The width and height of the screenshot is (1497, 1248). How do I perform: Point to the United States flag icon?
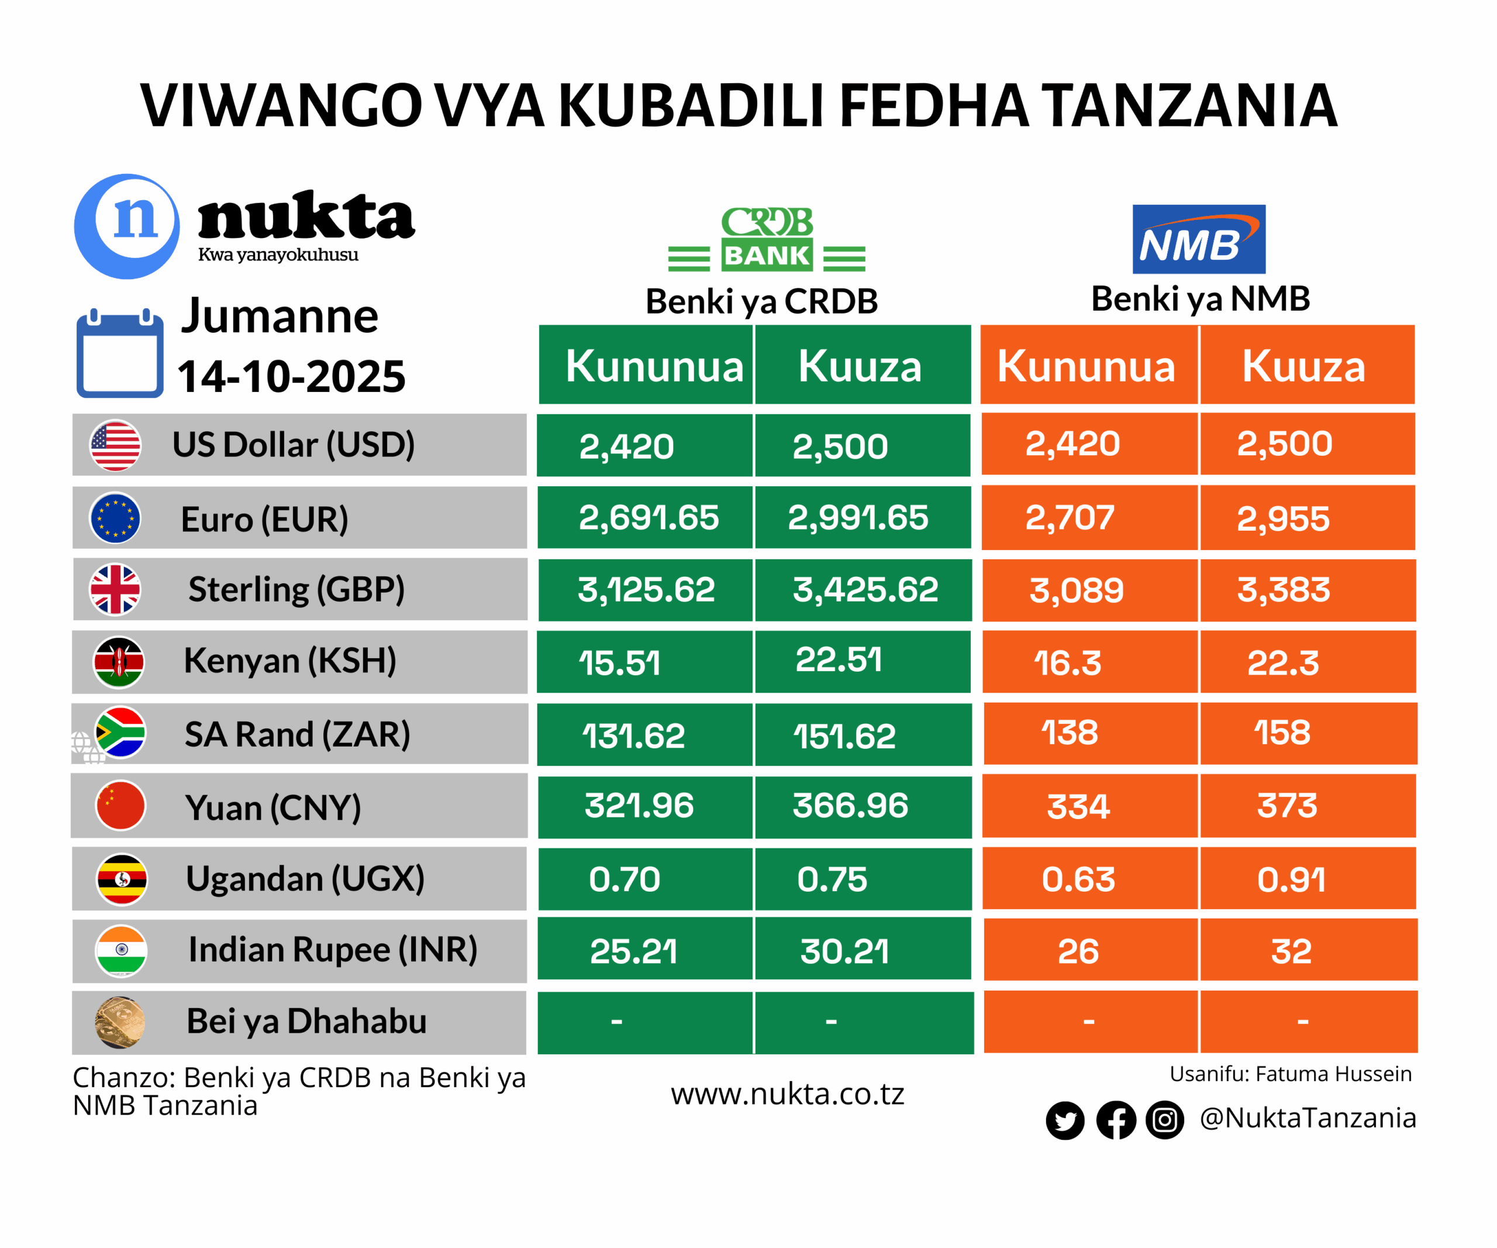[115, 445]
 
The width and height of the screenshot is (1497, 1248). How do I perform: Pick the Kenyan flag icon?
[119, 662]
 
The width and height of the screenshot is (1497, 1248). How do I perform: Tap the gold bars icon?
[120, 1022]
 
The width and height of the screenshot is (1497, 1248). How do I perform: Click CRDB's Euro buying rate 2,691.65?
[648, 518]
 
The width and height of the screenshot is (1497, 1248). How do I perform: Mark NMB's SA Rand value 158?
[1282, 733]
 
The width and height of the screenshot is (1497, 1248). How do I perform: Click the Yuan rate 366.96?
[850, 806]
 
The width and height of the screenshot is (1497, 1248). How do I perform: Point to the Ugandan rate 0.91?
[1291, 879]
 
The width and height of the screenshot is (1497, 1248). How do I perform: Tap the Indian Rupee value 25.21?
[633, 951]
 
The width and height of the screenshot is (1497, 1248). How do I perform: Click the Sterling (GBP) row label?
[296, 590]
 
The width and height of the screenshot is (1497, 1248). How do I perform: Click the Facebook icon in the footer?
[1116, 1120]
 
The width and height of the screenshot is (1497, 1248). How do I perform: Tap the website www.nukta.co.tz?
[787, 1094]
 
